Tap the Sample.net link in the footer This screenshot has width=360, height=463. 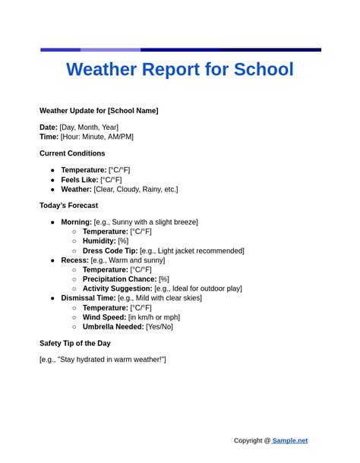290,440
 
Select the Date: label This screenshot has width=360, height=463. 49,127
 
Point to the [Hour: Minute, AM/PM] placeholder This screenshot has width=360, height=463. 96,137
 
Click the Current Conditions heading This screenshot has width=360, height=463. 72,153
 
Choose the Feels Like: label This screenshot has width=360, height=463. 80,180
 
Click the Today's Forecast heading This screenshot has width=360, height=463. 68,205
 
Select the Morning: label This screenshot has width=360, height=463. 77,222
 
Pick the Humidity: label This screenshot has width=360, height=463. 99,241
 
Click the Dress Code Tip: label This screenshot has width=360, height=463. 110,250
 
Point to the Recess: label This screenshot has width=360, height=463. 74,260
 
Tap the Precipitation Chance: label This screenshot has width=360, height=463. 119,279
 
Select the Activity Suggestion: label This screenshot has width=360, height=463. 117,288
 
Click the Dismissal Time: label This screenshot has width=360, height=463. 88,298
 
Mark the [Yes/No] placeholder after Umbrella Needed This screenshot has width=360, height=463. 159,326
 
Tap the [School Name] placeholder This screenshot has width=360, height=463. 133,110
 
